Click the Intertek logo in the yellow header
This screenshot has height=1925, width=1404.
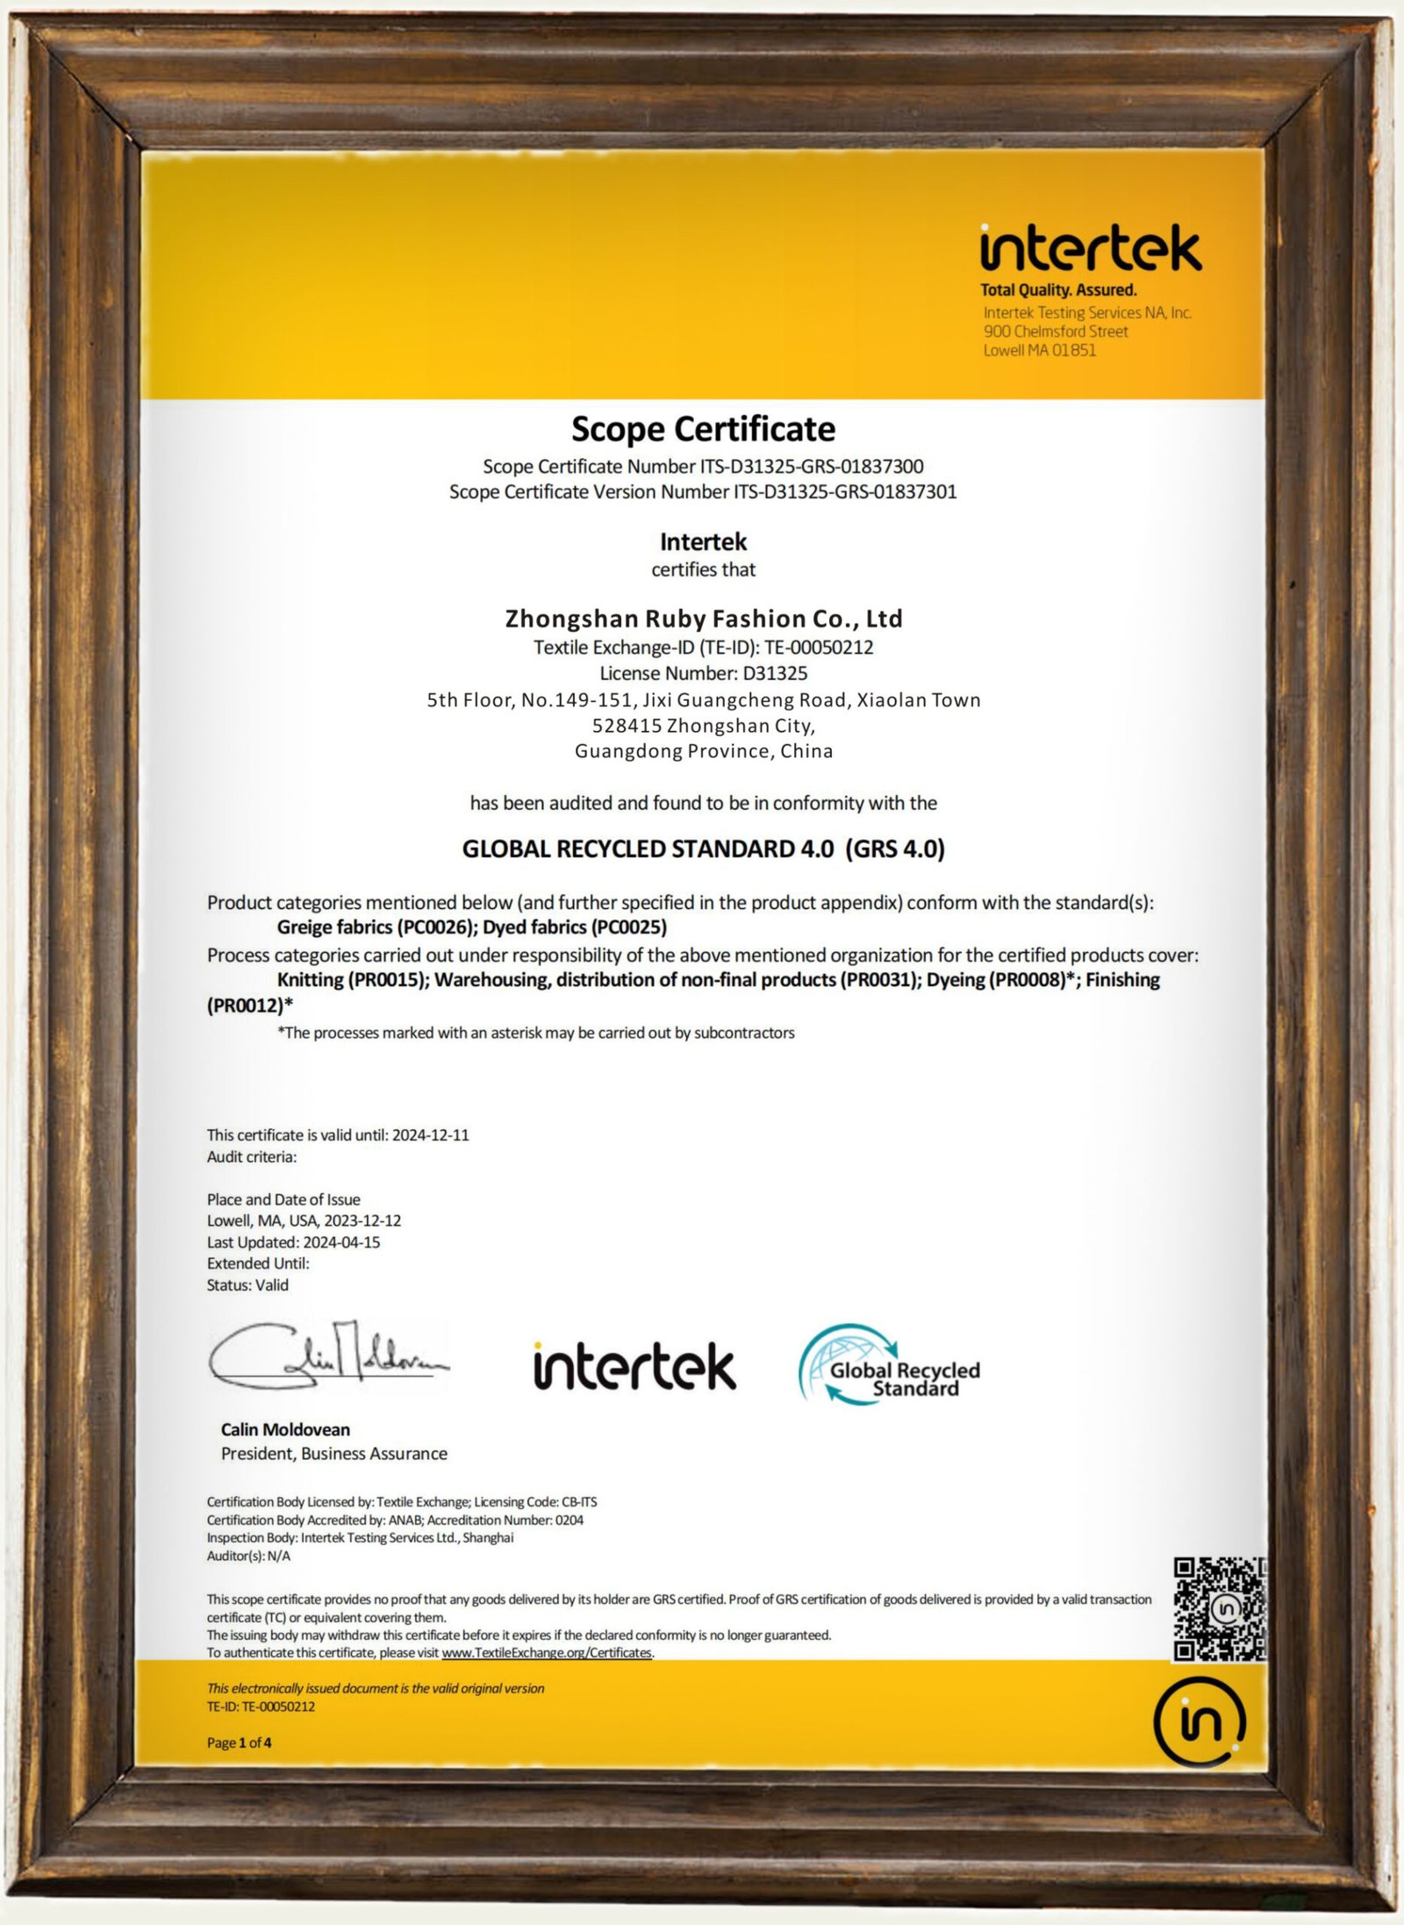click(1091, 248)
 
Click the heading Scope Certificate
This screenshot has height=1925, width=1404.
click(703, 429)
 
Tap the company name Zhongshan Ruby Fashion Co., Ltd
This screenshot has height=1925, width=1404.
click(703, 619)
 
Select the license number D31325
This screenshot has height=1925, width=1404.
click(775, 673)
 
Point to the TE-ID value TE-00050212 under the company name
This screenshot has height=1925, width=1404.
click(819, 648)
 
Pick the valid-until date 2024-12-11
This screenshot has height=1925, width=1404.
click(430, 1134)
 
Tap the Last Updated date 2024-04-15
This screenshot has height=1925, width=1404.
click(341, 1242)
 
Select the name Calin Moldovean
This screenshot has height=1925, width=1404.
click(285, 1429)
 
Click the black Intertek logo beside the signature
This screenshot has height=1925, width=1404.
click(634, 1366)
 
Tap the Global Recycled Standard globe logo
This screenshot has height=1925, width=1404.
click(888, 1365)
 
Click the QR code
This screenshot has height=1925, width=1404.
click(1219, 1609)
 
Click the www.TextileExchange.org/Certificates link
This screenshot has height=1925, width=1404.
click(547, 1652)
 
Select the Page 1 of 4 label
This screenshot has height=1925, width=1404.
click(239, 1743)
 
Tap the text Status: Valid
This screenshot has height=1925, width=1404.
click(247, 1285)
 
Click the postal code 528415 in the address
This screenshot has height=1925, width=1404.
click(627, 726)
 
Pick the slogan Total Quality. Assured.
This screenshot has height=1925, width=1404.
click(1058, 290)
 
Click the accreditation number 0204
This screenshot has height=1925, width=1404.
click(569, 1520)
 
